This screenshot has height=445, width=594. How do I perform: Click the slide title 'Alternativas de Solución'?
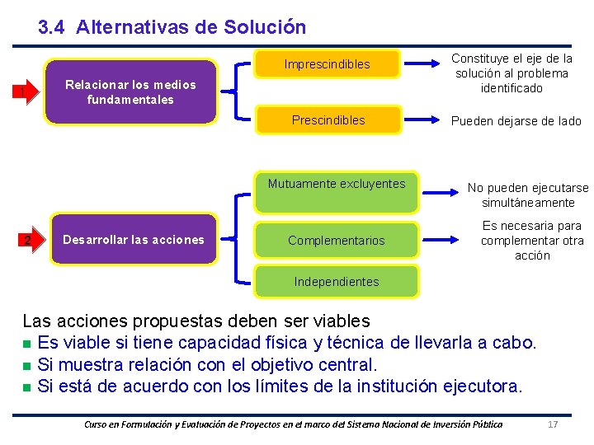coord(191,27)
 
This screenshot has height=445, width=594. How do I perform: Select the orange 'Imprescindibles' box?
coord(328,64)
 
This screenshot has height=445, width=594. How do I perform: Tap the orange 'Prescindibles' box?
coord(328,120)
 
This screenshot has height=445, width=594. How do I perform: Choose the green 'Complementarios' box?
coord(337,241)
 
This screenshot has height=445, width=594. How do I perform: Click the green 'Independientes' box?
coord(337,282)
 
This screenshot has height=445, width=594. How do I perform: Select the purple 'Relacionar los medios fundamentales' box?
coord(130,91)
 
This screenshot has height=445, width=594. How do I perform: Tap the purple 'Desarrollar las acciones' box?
coord(134,240)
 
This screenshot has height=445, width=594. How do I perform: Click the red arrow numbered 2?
coord(29,241)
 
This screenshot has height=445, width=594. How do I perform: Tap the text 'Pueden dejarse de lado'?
coord(516,121)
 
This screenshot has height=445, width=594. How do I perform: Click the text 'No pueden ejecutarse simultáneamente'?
coord(528,195)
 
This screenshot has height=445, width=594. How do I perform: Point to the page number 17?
coord(554,424)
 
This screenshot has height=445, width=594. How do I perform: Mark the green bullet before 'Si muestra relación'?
coord(27,365)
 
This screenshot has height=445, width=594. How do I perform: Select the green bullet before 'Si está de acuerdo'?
coord(27,386)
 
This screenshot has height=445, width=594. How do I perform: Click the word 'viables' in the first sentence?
coord(338,321)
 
